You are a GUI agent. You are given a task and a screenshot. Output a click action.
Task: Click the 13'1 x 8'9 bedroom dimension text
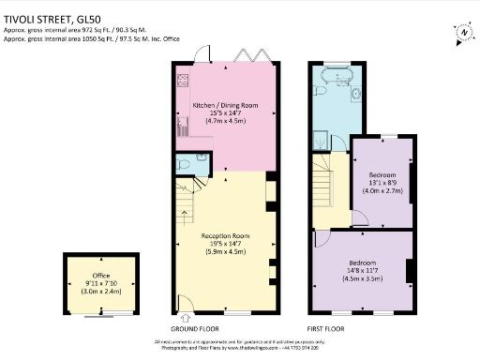coord(382,185)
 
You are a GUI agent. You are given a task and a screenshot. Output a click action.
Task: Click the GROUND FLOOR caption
coord(195,329)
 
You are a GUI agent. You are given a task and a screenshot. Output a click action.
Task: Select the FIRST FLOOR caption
coord(327,329)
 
